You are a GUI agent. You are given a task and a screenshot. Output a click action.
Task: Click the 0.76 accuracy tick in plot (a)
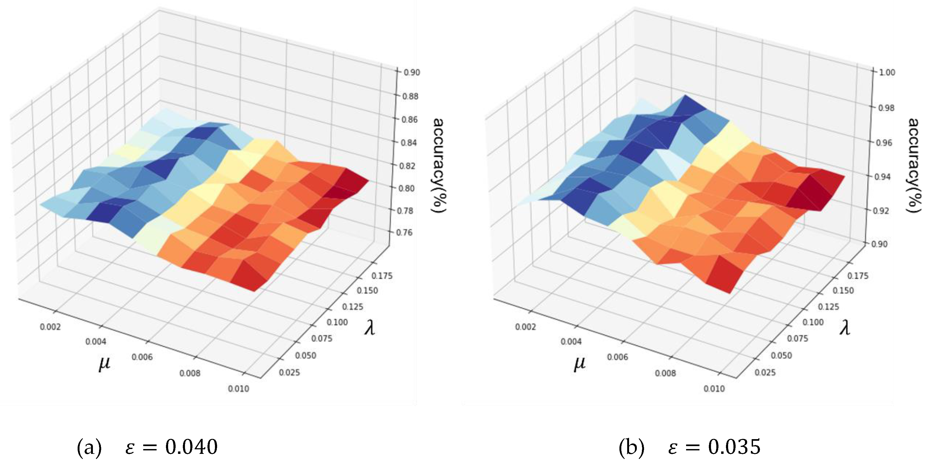pyautogui.click(x=404, y=233)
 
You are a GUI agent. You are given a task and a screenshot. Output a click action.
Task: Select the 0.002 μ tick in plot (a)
pyautogui.click(x=50, y=327)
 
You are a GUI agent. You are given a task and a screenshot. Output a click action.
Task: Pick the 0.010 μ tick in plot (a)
pyautogui.click(x=238, y=388)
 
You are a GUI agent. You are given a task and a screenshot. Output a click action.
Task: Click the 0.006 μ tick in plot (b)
pyautogui.click(x=618, y=357)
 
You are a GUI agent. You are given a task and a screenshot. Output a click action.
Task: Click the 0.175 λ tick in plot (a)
pyautogui.click(x=382, y=276)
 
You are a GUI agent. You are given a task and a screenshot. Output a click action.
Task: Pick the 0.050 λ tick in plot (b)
pyautogui.click(x=781, y=355)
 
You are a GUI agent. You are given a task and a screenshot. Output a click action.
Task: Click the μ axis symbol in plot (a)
pyautogui.click(x=104, y=364)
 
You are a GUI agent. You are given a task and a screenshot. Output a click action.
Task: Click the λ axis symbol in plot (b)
pyautogui.click(x=845, y=328)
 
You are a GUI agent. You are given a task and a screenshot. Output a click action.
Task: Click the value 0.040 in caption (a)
pyautogui.click(x=191, y=447)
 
